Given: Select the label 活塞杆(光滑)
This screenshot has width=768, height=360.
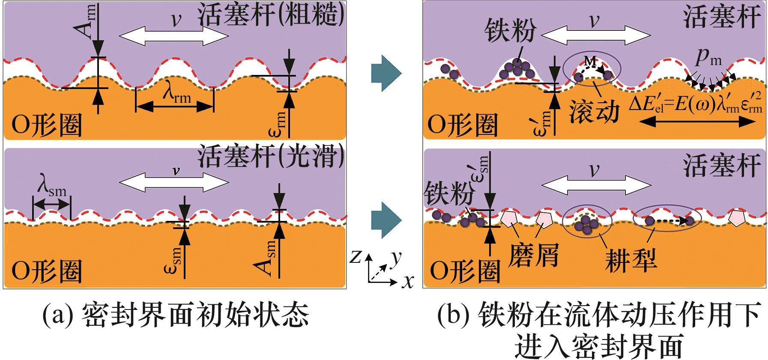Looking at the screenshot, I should coord(271,158).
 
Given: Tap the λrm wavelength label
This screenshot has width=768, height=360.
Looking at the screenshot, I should coord(176,97).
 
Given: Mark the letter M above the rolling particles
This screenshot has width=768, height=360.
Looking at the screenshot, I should coord(590,61).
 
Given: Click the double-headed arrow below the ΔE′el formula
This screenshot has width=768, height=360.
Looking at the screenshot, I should coord(697,122).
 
